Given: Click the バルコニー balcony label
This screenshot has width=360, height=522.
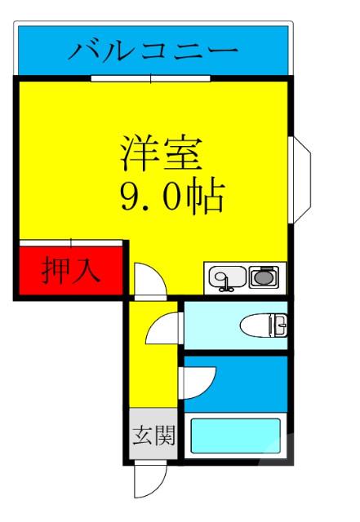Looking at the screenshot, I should (x=153, y=51).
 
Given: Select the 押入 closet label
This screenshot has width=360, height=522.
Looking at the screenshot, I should (x=72, y=270).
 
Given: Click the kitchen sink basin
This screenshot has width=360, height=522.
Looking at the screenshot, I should (x=225, y=279).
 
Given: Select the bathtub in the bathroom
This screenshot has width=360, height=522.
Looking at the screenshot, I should (x=235, y=436).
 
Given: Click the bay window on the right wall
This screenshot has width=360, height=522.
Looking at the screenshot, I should (x=300, y=181).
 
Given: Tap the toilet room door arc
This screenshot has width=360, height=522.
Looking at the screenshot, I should (x=163, y=330).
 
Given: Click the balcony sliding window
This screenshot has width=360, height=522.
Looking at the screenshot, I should (x=150, y=78).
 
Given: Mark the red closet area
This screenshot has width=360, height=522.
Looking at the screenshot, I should (x=72, y=271).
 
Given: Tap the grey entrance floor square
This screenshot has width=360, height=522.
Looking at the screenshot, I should (x=153, y=436).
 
